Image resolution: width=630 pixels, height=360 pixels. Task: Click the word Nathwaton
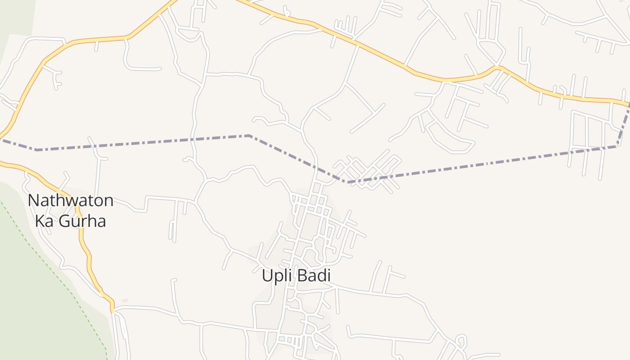[x=71, y=201]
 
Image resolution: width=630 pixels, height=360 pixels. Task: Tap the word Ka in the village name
[x=45, y=221]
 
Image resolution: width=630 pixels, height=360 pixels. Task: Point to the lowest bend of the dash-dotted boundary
[x=347, y=182]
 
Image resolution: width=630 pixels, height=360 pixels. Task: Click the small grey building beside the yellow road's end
[x=125, y=300]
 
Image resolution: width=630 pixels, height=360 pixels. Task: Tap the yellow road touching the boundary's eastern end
[x=585, y=99]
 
